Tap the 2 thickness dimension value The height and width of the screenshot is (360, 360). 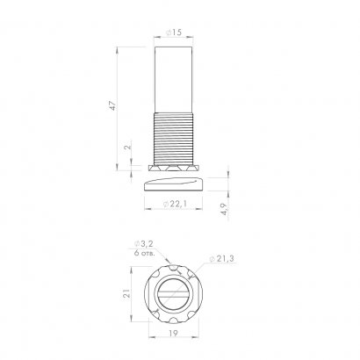tap(128, 149)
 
